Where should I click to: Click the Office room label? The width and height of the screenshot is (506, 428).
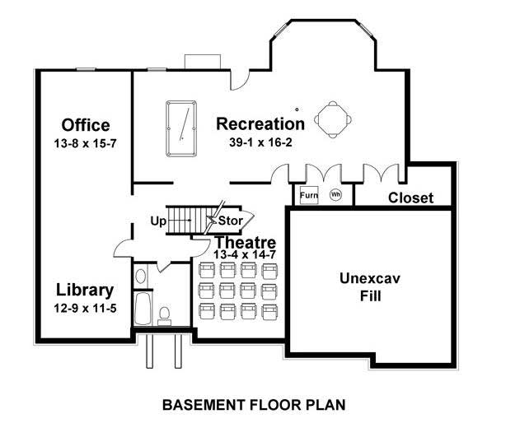(86, 125)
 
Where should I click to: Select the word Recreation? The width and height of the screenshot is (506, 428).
(260, 124)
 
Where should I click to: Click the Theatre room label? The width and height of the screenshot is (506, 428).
(245, 243)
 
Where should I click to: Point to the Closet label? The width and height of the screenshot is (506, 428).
(410, 198)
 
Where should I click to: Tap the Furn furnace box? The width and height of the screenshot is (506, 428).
(308, 196)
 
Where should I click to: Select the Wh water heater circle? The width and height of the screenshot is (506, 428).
(335, 196)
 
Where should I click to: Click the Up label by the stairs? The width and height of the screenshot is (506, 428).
(158, 221)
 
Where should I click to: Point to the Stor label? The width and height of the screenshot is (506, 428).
(229, 221)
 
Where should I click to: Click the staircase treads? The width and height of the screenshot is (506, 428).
(189, 219)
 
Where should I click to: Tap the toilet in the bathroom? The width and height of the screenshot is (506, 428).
(163, 314)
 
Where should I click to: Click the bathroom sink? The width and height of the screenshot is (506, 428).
(140, 276)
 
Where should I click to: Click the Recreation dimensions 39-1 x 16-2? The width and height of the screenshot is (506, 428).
(260, 142)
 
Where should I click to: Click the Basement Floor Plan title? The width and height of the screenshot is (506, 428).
(252, 404)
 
